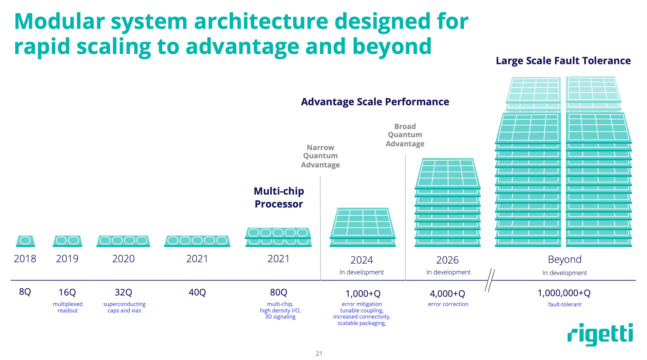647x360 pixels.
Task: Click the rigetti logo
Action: tap(600, 335)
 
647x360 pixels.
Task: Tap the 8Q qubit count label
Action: tap(25, 292)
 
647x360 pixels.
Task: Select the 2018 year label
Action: tap(25, 259)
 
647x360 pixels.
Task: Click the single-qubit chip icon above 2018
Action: tap(25, 241)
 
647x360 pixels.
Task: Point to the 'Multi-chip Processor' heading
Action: tap(279, 197)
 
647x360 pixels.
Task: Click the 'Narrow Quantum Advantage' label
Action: tap(320, 156)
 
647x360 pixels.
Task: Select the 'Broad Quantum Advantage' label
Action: tap(405, 135)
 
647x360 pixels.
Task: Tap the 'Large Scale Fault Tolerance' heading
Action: tap(563, 61)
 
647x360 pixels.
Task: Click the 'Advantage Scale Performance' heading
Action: tap(375, 102)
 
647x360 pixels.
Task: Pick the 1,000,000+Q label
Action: tap(564, 293)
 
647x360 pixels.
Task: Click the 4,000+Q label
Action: tap(447, 294)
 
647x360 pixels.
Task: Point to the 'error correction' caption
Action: tap(448, 304)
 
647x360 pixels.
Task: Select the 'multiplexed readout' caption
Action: tap(68, 307)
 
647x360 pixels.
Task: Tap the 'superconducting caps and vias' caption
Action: tap(124, 307)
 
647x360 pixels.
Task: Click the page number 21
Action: tap(319, 354)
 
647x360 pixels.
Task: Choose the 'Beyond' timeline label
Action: tap(565, 259)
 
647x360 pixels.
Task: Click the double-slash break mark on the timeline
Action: tap(489, 280)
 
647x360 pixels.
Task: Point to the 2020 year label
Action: tap(124, 259)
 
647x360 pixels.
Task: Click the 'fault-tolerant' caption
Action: tap(565, 305)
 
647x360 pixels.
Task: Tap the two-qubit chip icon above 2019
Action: tap(68, 241)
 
